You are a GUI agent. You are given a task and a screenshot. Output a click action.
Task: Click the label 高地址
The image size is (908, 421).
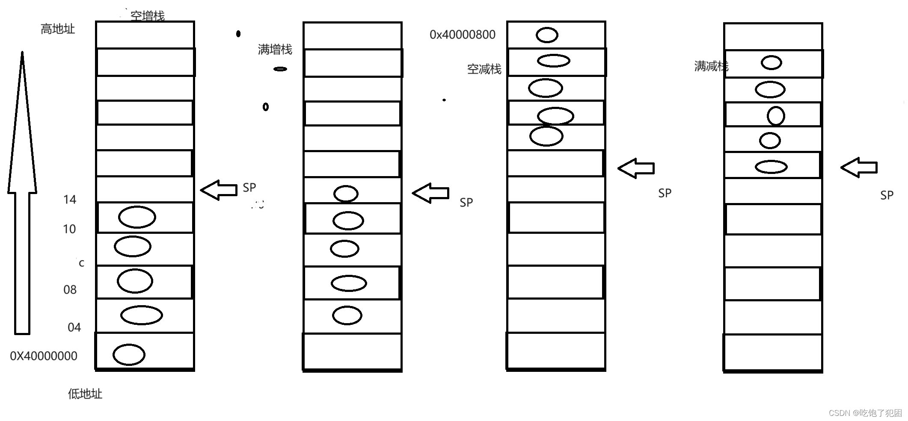pyautogui.click(x=57, y=29)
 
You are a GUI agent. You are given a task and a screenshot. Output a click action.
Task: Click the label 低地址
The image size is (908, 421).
pyautogui.click(x=85, y=394)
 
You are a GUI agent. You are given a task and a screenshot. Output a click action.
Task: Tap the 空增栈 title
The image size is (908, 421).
pyautogui.click(x=147, y=16)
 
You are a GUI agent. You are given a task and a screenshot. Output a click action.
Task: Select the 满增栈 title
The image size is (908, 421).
pyautogui.click(x=275, y=50)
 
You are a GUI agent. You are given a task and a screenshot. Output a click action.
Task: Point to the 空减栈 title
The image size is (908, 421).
pyautogui.click(x=484, y=69)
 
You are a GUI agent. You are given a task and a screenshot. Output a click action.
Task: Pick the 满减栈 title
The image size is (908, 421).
pyautogui.click(x=711, y=66)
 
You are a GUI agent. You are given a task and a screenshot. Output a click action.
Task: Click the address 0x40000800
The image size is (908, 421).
pyautogui.click(x=462, y=35)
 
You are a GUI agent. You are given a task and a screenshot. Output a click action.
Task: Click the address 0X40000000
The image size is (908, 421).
pyautogui.click(x=44, y=356)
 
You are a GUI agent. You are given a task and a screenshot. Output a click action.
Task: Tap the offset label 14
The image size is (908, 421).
pyautogui.click(x=70, y=200)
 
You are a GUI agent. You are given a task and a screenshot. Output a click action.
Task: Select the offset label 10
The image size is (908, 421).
pyautogui.click(x=69, y=229)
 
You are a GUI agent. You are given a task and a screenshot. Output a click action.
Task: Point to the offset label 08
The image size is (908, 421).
pyautogui.click(x=70, y=290)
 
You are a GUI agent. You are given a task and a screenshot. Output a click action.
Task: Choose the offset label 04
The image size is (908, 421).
pyautogui.click(x=74, y=327)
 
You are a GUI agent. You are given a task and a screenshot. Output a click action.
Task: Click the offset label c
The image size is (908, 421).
pyautogui.click(x=81, y=263)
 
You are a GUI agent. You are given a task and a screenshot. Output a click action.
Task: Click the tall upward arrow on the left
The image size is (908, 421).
pyautogui.click(x=22, y=192)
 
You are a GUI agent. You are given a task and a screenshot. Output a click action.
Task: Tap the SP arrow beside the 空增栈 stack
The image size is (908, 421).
pyautogui.click(x=219, y=190)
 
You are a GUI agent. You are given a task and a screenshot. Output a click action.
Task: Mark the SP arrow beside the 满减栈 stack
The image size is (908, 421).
pyautogui.click(x=859, y=167)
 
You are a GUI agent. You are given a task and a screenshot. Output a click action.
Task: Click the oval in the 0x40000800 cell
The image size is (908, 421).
pyautogui.click(x=547, y=35)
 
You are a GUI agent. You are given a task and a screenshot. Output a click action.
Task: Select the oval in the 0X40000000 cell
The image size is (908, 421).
pyautogui.click(x=129, y=355)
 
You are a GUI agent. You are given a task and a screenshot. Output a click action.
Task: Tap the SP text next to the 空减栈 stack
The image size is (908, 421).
pyautogui.click(x=665, y=193)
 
